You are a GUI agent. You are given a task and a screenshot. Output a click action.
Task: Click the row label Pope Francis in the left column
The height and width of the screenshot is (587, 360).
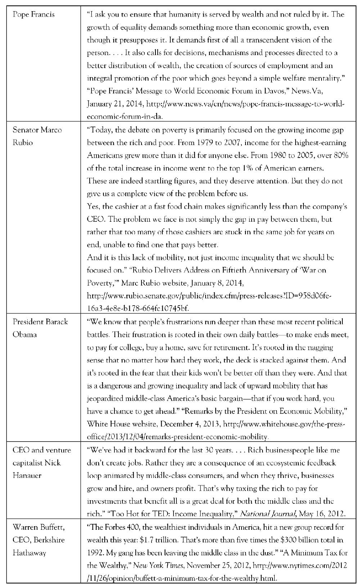click(x=33, y=14)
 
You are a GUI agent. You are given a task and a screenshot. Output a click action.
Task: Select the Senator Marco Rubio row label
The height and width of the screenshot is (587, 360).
click(x=37, y=136)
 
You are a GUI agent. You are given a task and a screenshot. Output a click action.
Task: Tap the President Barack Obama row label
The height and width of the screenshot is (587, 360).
click(x=40, y=328)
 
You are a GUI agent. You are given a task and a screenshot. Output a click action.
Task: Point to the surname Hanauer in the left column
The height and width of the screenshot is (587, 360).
click(x=27, y=475)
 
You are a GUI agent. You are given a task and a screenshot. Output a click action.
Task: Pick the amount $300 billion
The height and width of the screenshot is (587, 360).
click(x=295, y=540)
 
